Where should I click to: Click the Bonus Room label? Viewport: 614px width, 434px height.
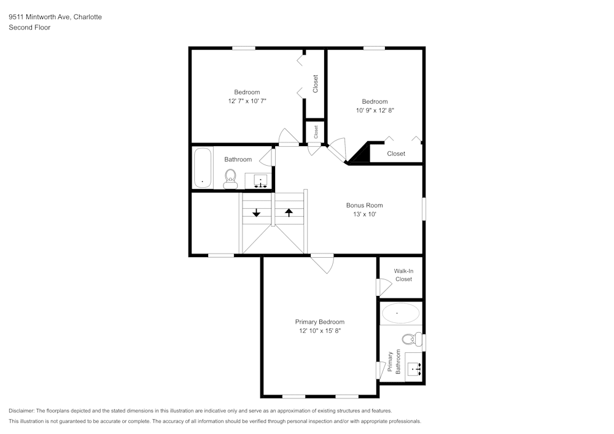coord(364,205)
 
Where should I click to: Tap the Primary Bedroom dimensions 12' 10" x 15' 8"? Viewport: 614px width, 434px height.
coord(319,331)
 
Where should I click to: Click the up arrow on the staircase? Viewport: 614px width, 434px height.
coord(289,212)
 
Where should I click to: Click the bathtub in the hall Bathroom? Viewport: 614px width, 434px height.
coord(202,167)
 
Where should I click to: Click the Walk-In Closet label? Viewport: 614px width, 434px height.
coord(403,274)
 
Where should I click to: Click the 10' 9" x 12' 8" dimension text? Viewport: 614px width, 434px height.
coord(375,110)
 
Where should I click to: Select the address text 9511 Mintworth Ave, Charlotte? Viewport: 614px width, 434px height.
coord(55,17)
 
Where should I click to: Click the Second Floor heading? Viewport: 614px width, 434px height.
coord(29,27)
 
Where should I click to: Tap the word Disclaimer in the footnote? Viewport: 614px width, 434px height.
coord(22,410)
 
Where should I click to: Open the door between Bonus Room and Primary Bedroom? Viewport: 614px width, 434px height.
coord(323,263)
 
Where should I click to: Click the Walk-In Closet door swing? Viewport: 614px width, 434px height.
coord(383,287)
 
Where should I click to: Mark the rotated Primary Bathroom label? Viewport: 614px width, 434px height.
coord(394,362)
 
